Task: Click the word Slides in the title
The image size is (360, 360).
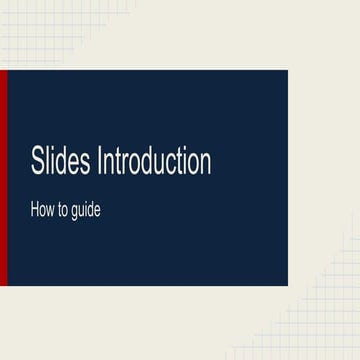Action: coord(61,163)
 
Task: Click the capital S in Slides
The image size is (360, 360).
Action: coord(36,163)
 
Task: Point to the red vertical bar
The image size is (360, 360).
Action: coord(3,177)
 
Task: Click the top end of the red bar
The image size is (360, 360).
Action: coord(3,73)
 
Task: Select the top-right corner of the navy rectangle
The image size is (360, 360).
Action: coord(287,71)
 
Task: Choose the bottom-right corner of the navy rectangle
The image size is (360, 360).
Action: coord(287,285)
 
